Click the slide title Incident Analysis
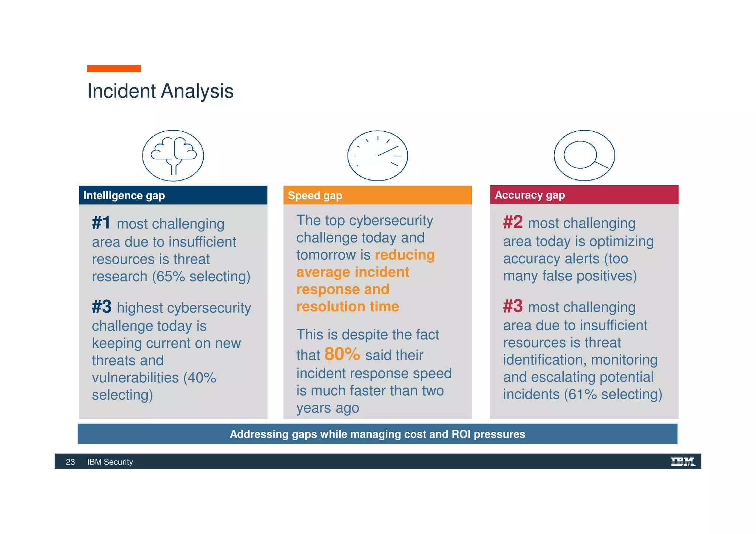click(160, 91)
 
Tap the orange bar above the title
click(114, 69)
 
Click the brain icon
click(173, 155)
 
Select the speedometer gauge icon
click(378, 156)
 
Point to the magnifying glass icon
click(584, 155)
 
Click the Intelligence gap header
click(124, 196)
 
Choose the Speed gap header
click(315, 196)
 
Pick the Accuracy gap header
click(530, 195)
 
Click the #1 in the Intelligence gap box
click(101, 223)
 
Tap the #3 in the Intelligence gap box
click(102, 307)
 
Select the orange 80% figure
click(342, 354)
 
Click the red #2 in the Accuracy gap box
click(513, 222)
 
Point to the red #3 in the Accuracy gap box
click(513, 306)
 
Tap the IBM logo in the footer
click(683, 461)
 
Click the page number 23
click(70, 462)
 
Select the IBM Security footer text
click(110, 462)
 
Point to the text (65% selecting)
click(202, 276)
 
